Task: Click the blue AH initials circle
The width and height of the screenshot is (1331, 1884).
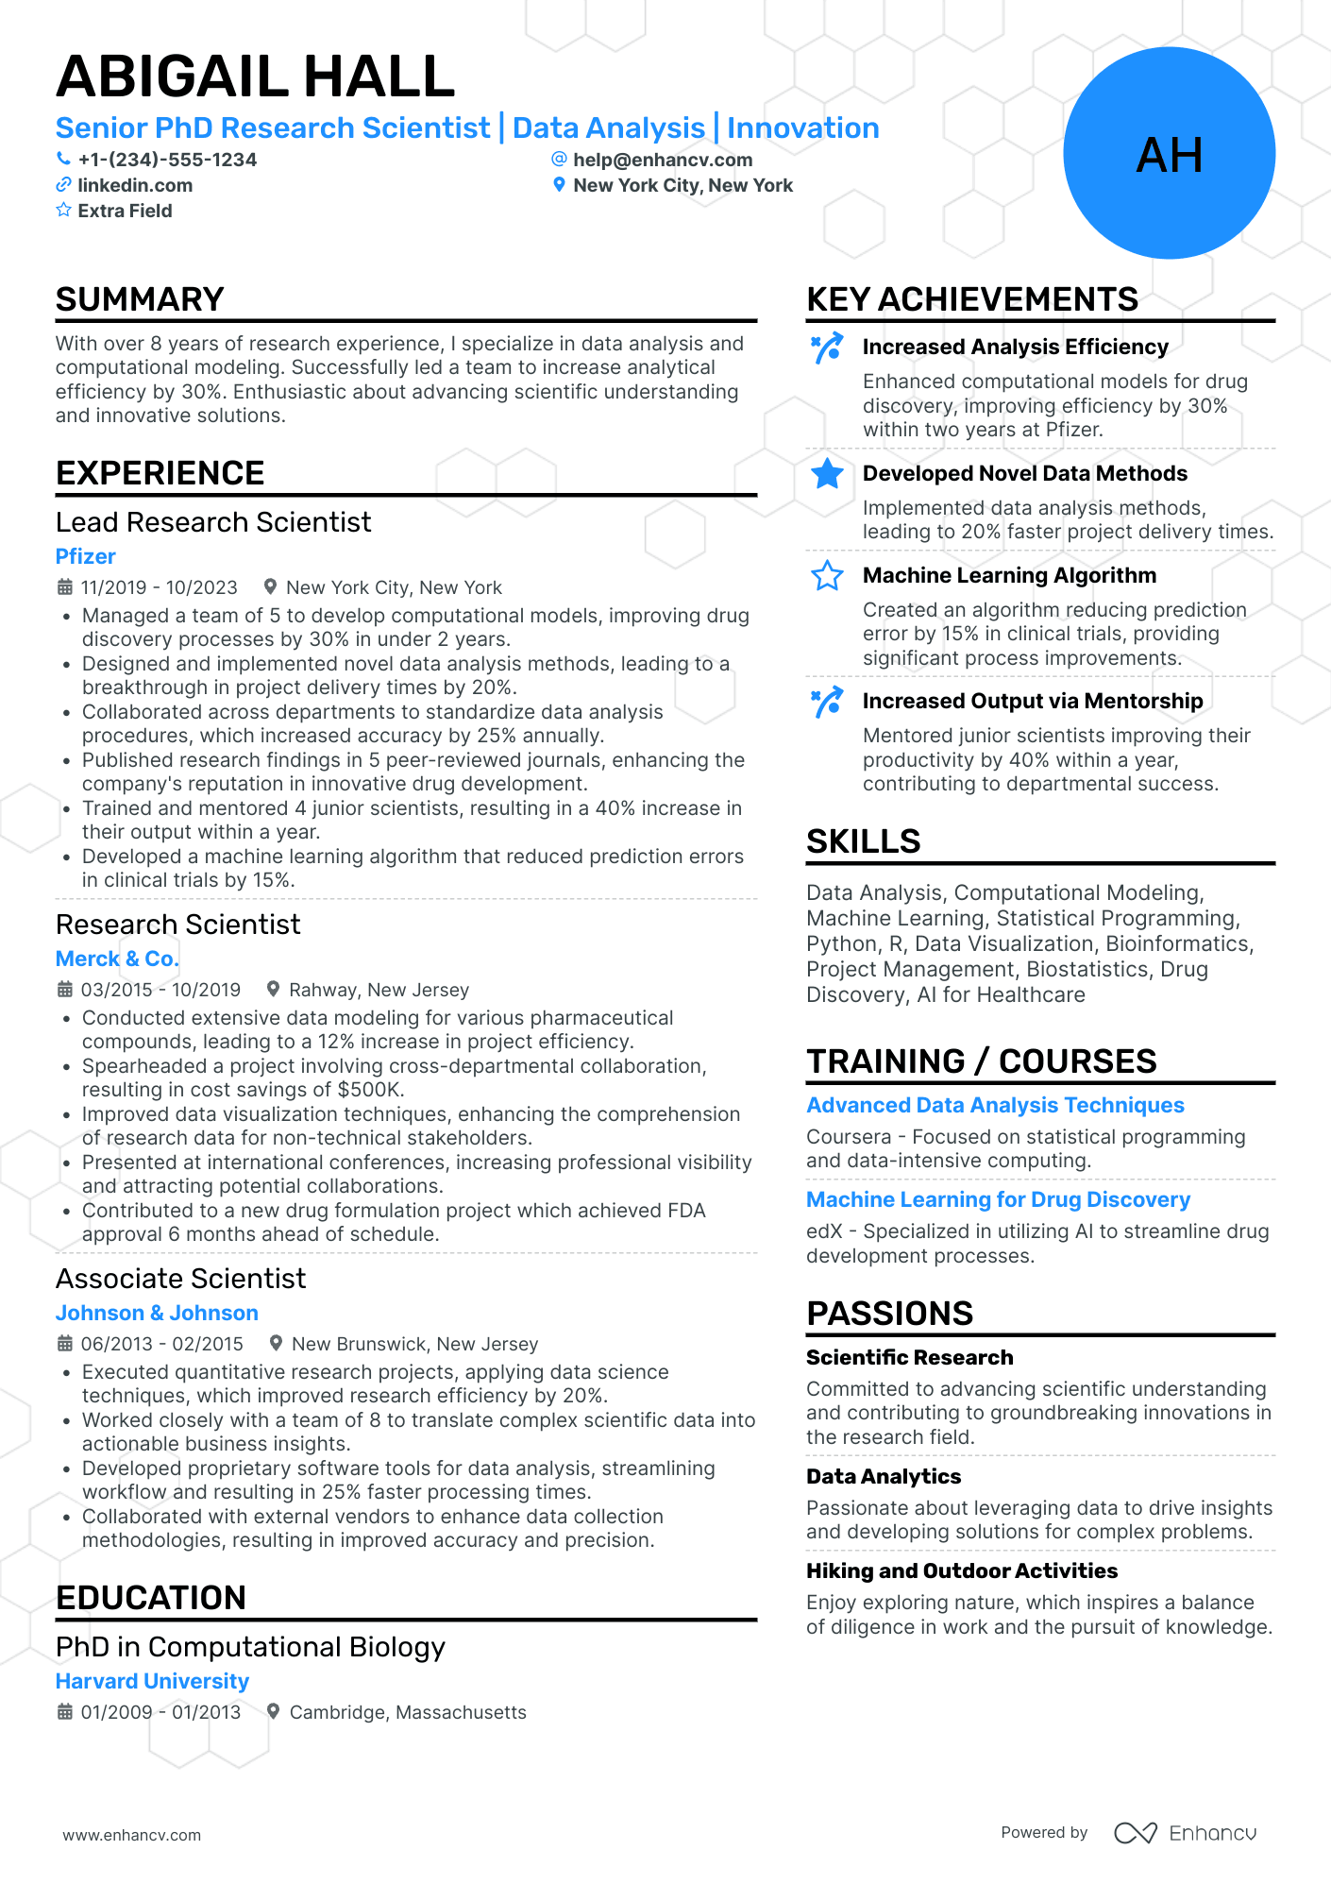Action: pos(1169,154)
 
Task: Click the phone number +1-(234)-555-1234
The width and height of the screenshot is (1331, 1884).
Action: pos(167,160)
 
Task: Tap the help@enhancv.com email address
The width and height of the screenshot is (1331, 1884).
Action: pos(663,160)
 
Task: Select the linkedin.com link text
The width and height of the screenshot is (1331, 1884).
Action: pos(135,185)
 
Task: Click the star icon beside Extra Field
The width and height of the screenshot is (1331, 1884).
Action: pos(63,210)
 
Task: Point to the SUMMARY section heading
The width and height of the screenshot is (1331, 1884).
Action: pos(140,299)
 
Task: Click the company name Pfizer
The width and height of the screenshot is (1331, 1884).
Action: pos(86,556)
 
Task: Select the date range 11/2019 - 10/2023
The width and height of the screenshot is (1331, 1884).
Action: pos(159,587)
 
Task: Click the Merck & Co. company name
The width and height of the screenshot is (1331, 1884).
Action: pos(117,959)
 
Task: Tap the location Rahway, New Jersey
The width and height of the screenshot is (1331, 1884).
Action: pos(379,990)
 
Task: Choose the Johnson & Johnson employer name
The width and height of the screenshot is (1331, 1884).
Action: pos(157,1313)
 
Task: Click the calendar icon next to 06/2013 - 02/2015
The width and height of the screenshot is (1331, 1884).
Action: pos(64,1343)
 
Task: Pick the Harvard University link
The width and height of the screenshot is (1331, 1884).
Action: pos(152,1681)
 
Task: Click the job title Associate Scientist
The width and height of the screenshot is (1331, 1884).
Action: pos(180,1279)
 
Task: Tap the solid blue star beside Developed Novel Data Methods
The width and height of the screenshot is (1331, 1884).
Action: pos(827,474)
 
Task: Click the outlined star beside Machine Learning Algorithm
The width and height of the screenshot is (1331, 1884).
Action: pos(827,575)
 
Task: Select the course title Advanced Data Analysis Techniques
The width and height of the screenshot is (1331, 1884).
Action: pos(995,1105)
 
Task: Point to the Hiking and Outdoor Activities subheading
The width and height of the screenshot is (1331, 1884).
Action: pos(961,1570)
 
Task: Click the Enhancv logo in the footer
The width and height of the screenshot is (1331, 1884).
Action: pos(1186,1833)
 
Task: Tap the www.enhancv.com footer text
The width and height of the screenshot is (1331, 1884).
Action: pos(132,1835)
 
